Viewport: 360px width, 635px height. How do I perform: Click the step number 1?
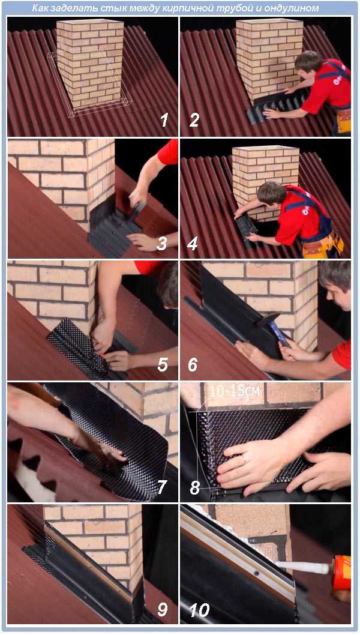pos(164,120)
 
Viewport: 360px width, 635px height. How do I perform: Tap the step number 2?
pos(194,120)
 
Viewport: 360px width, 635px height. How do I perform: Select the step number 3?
pos(162,244)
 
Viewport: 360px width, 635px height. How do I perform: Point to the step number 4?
pos(193,244)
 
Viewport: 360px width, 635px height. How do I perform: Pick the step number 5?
pos(163,364)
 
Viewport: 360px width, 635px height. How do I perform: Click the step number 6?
pos(193,364)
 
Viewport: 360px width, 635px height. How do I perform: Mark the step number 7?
pos(163,487)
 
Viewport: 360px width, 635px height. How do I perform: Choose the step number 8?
pos(195,487)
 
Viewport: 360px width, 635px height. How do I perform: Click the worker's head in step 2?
pos(309,61)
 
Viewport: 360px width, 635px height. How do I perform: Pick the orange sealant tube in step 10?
pos(341,573)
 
